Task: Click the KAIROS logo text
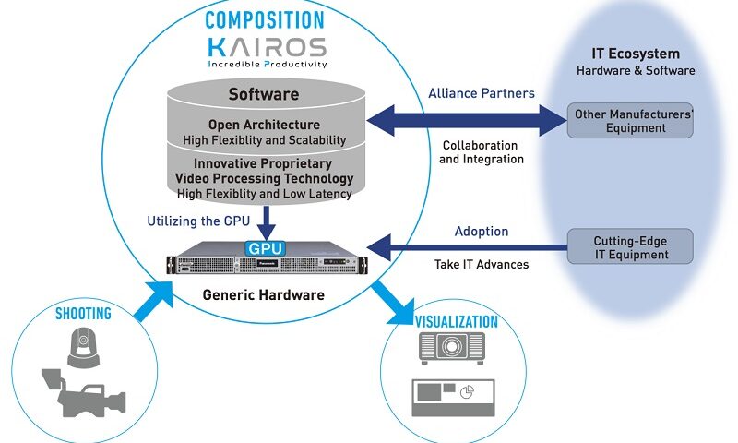(267, 47)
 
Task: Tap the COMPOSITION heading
(265, 20)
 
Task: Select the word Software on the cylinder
(264, 94)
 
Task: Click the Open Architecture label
(264, 125)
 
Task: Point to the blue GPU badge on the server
(265, 248)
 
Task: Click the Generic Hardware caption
(264, 295)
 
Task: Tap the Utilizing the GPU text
(198, 221)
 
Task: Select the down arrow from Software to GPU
(266, 223)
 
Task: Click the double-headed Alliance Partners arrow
(467, 121)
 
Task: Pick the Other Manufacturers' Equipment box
(630, 121)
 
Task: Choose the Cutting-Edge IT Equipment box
(630, 246)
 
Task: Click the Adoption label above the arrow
(482, 232)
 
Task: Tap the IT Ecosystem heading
(636, 54)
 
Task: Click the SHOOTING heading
(83, 314)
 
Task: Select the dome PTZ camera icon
(83, 347)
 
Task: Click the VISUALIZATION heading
(456, 322)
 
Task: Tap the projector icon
(452, 348)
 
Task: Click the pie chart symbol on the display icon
(467, 391)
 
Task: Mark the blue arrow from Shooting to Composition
(154, 301)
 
